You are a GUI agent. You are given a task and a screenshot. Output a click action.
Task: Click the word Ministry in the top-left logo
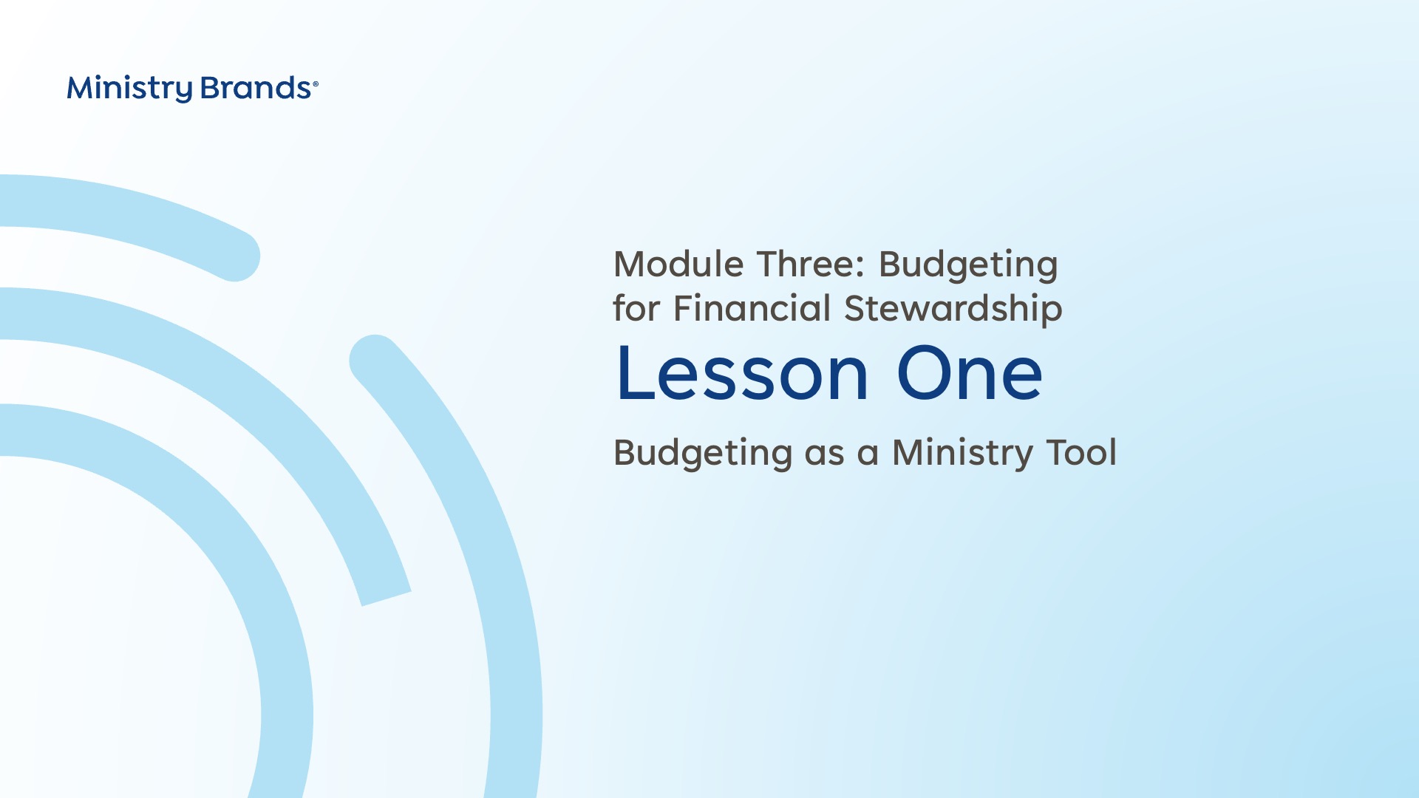point(129,89)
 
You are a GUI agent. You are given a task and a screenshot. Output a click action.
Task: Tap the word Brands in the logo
point(256,88)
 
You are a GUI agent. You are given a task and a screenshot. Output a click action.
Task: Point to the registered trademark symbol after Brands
point(316,84)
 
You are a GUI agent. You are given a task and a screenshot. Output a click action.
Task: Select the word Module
point(678,264)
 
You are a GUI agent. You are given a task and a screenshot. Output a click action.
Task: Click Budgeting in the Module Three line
point(968,266)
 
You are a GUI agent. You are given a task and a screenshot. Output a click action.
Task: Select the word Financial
point(752,308)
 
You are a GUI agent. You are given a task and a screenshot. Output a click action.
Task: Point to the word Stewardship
point(953,310)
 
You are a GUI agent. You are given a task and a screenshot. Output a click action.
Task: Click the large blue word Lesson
point(742,374)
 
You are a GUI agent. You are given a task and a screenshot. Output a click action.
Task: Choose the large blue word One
point(969,374)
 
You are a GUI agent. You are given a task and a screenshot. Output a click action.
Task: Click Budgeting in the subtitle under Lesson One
point(703,454)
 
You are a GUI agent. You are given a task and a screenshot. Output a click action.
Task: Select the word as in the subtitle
point(824,455)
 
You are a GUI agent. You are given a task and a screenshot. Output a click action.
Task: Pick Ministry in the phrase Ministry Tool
point(962,454)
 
